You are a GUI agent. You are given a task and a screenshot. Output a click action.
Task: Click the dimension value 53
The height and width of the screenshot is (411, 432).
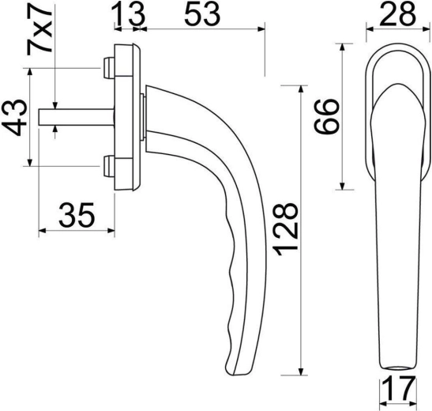tap(202, 13)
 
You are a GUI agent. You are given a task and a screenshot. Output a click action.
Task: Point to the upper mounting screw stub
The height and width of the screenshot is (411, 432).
tap(107, 70)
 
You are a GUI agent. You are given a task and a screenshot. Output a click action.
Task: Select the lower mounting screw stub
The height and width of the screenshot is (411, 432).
tap(107, 166)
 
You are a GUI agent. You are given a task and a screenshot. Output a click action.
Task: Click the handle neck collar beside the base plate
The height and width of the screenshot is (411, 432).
tap(143, 119)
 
